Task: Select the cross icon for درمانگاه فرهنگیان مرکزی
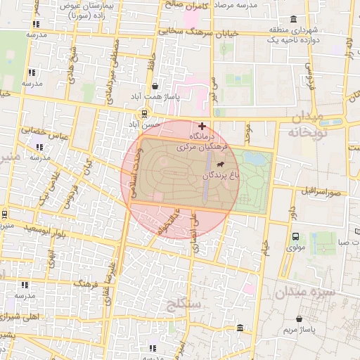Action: click(202, 126)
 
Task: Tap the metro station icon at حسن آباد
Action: click(145, 113)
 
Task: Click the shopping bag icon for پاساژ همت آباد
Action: click(155, 86)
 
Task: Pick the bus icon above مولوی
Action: click(295, 237)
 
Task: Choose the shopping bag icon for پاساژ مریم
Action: click(300, 319)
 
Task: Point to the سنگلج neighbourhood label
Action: click(185, 304)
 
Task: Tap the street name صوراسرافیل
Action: click(321, 191)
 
